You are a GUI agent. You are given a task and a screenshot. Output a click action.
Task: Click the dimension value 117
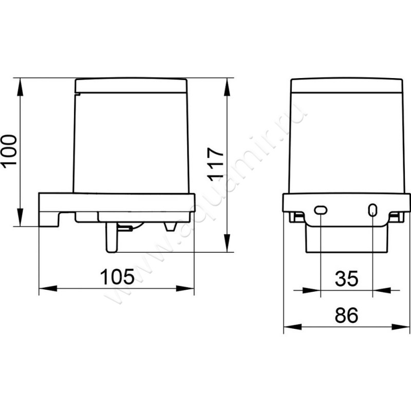click(215, 164)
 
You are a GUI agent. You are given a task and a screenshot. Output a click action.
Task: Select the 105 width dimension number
click(117, 276)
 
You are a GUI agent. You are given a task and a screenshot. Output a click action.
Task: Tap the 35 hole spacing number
click(346, 278)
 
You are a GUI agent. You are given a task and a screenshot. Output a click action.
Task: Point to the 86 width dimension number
click(346, 315)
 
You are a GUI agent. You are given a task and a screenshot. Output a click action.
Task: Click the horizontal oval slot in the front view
click(321, 210)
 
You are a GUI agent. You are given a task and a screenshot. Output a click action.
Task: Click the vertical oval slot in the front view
click(372, 210)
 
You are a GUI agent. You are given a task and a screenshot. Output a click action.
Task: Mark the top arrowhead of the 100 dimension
click(20, 87)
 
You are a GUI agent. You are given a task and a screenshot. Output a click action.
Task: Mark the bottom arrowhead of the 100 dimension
click(20, 217)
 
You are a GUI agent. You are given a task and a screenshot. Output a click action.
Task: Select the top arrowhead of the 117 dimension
click(227, 87)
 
